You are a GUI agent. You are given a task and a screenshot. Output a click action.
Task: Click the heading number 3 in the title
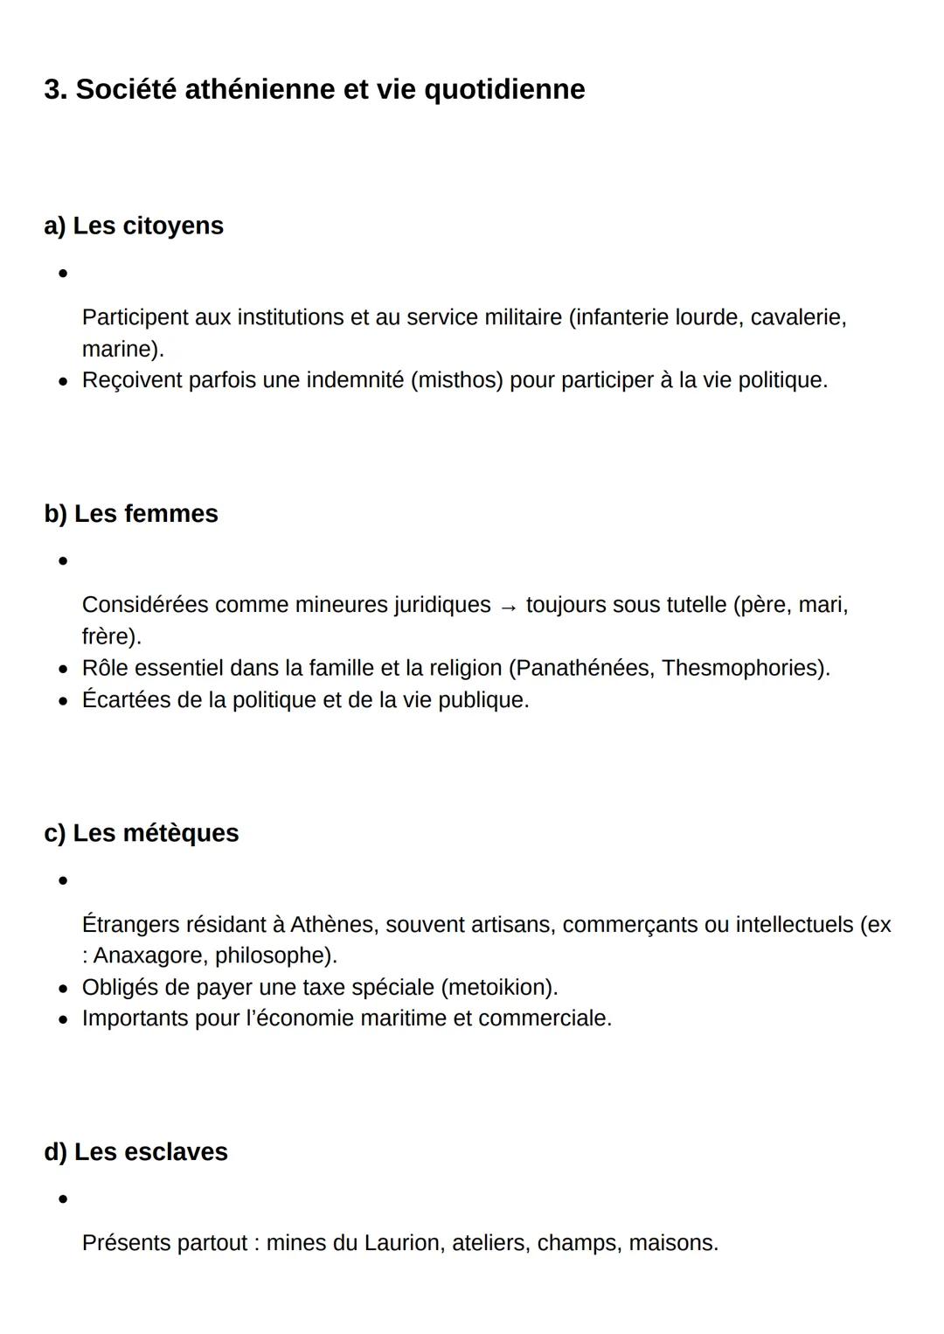[54, 89]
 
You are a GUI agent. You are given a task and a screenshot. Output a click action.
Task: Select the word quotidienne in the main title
[504, 89]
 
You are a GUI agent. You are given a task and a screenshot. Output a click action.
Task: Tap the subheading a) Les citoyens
[134, 226]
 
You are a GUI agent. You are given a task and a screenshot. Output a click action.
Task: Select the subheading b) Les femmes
[131, 513]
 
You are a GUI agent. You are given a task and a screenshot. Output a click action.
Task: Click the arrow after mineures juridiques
[508, 606]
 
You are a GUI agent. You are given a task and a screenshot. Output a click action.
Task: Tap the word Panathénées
[584, 668]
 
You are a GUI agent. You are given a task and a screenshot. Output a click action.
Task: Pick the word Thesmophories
[741, 668]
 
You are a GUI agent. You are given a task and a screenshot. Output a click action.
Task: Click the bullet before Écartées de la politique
[63, 701]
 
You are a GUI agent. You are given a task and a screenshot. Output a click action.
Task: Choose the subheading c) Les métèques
[141, 833]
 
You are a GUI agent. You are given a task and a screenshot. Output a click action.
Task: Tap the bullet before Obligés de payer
[63, 989]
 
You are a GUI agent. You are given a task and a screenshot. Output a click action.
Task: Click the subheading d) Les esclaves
[135, 1152]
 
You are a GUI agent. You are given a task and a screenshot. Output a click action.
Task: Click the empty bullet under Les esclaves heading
[63, 1199]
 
